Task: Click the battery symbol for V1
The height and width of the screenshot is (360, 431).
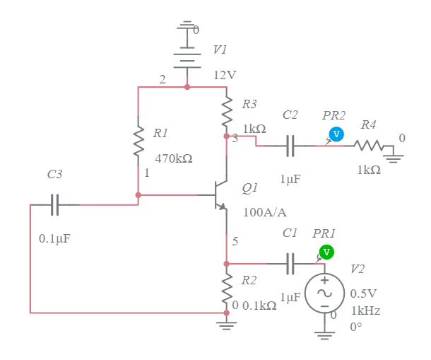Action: click(187, 56)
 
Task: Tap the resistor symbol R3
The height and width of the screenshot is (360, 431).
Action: click(227, 110)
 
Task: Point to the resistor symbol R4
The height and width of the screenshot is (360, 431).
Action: click(370, 146)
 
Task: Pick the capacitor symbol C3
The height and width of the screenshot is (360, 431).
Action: click(54, 205)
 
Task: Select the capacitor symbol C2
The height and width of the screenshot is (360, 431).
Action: click(290, 146)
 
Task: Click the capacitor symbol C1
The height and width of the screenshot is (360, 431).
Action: click(290, 264)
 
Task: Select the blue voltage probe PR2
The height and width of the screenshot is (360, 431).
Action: click(337, 134)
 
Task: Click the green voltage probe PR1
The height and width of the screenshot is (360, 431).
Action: click(326, 252)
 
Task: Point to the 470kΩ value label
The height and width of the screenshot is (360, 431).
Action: click(173, 158)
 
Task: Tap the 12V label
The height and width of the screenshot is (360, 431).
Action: click(225, 75)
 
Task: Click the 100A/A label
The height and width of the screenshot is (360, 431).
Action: click(264, 212)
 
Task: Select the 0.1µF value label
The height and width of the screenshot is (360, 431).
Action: click(54, 238)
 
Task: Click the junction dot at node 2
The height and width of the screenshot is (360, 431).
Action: click(187, 87)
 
